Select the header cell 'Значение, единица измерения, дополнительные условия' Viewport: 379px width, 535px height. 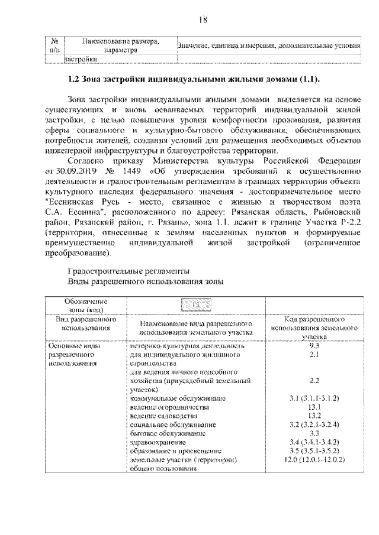point(268,46)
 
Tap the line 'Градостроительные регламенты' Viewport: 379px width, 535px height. point(130,270)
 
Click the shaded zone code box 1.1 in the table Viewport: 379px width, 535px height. point(196,303)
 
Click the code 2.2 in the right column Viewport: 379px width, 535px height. point(314,381)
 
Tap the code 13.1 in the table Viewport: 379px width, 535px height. point(314,407)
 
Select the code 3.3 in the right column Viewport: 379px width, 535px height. point(314,433)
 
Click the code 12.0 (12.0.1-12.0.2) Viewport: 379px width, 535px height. point(314,459)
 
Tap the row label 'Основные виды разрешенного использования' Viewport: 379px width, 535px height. point(73,354)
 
